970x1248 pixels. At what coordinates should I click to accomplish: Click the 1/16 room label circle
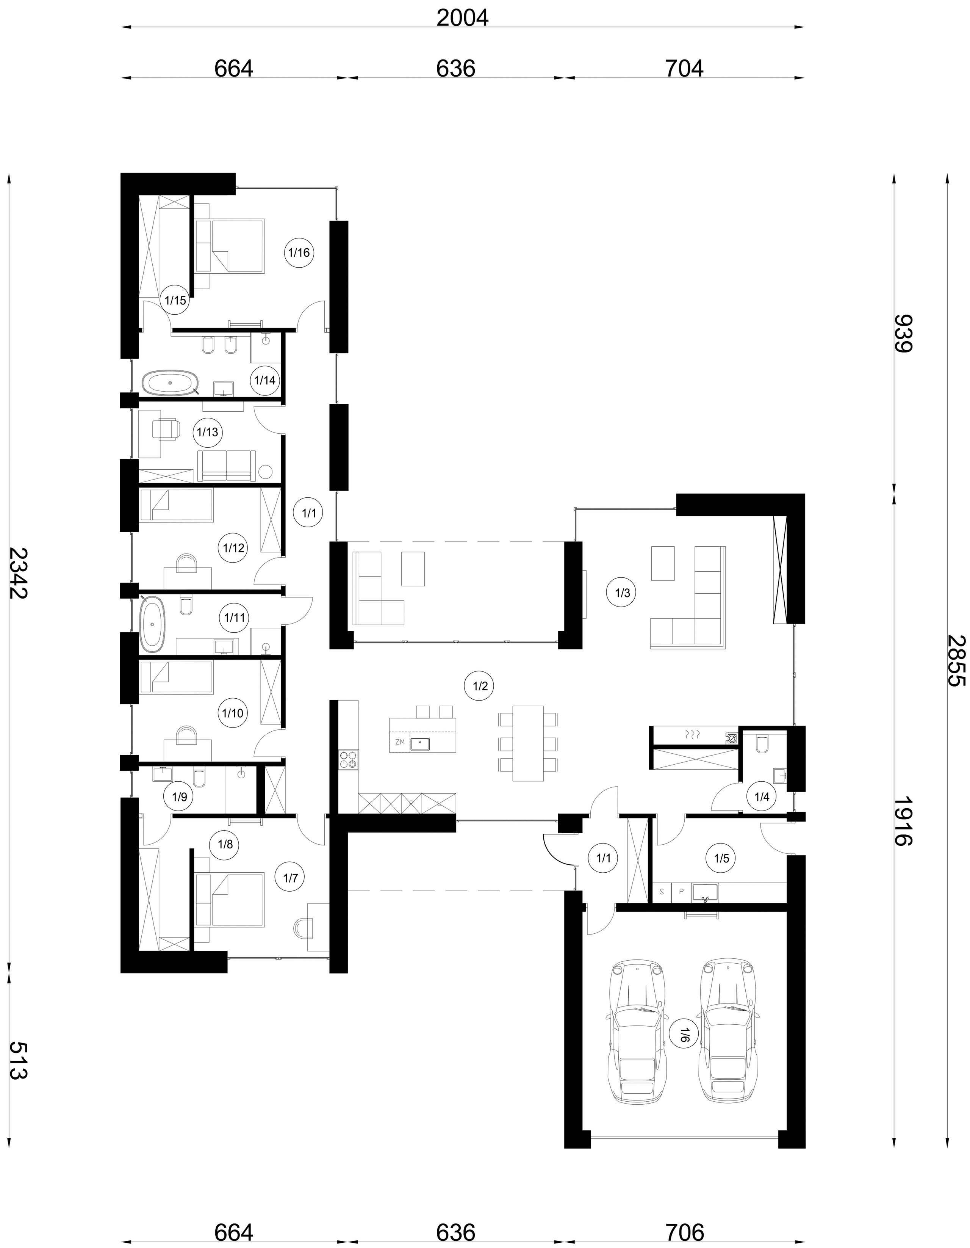(299, 252)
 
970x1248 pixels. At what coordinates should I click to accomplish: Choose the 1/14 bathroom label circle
(264, 380)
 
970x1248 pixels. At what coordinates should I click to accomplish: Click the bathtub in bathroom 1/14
(170, 383)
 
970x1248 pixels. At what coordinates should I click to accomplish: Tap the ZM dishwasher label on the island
(400, 742)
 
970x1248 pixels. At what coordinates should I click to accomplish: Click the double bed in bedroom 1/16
(230, 246)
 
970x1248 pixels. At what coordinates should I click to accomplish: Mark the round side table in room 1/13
(266, 472)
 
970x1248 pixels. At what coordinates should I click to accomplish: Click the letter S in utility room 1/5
(662, 890)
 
